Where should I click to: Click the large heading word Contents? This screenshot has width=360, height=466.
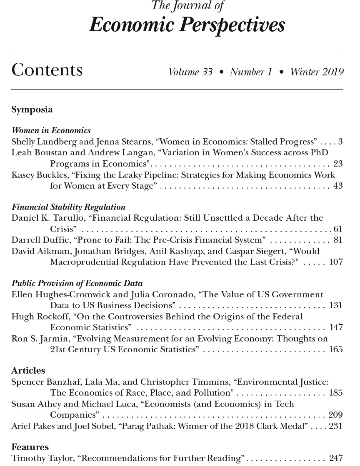(47, 70)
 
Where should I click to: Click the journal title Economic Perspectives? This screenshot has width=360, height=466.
(187, 25)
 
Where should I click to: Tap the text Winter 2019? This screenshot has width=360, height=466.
(317, 72)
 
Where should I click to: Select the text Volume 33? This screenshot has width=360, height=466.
(190, 72)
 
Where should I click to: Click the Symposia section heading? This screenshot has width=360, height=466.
(32, 110)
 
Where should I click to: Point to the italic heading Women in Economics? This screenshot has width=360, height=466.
(51, 131)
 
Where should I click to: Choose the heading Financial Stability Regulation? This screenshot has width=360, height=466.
(68, 207)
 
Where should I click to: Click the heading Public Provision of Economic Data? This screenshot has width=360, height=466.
(77, 284)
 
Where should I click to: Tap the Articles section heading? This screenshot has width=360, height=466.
(28, 371)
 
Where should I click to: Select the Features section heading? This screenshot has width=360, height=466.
(30, 447)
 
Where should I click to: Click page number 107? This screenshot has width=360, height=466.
(335, 262)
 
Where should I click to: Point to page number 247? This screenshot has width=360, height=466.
(335, 459)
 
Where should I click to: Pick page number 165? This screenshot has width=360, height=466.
(335, 349)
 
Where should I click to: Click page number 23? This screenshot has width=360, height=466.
(337, 164)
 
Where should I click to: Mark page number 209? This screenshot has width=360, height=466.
(335, 415)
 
